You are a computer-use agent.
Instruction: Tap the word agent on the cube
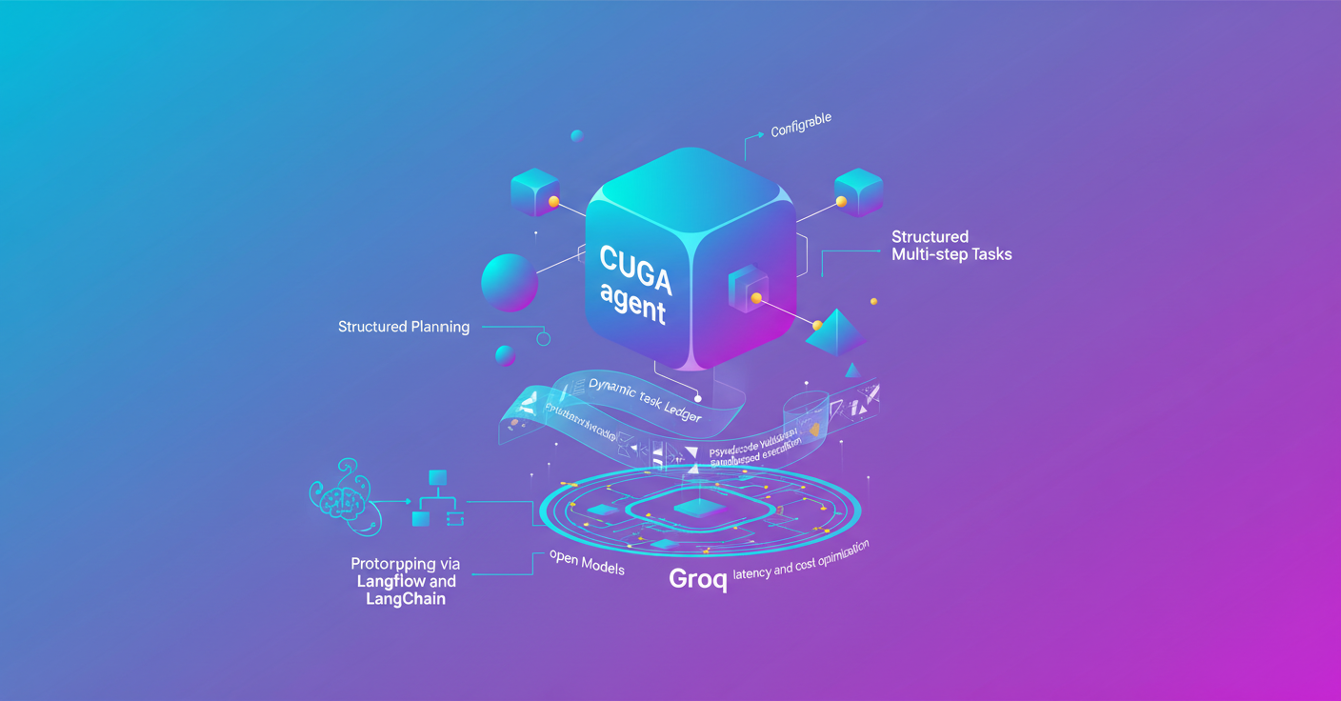633,303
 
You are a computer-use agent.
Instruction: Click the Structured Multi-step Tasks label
951,246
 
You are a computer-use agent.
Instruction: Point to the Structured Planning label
404,327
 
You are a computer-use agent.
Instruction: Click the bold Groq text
698,578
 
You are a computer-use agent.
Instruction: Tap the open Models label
587,563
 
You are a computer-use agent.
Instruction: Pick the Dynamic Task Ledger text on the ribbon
645,400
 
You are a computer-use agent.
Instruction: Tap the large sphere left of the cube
510,282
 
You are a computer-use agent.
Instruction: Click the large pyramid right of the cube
836,331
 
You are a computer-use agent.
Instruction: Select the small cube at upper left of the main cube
534,192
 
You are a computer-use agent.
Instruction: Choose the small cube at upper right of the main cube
858,191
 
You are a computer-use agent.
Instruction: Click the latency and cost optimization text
801,562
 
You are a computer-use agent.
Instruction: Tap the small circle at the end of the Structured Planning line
544,339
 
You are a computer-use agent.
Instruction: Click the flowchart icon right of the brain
438,499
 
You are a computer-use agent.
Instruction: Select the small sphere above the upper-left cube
576,136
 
